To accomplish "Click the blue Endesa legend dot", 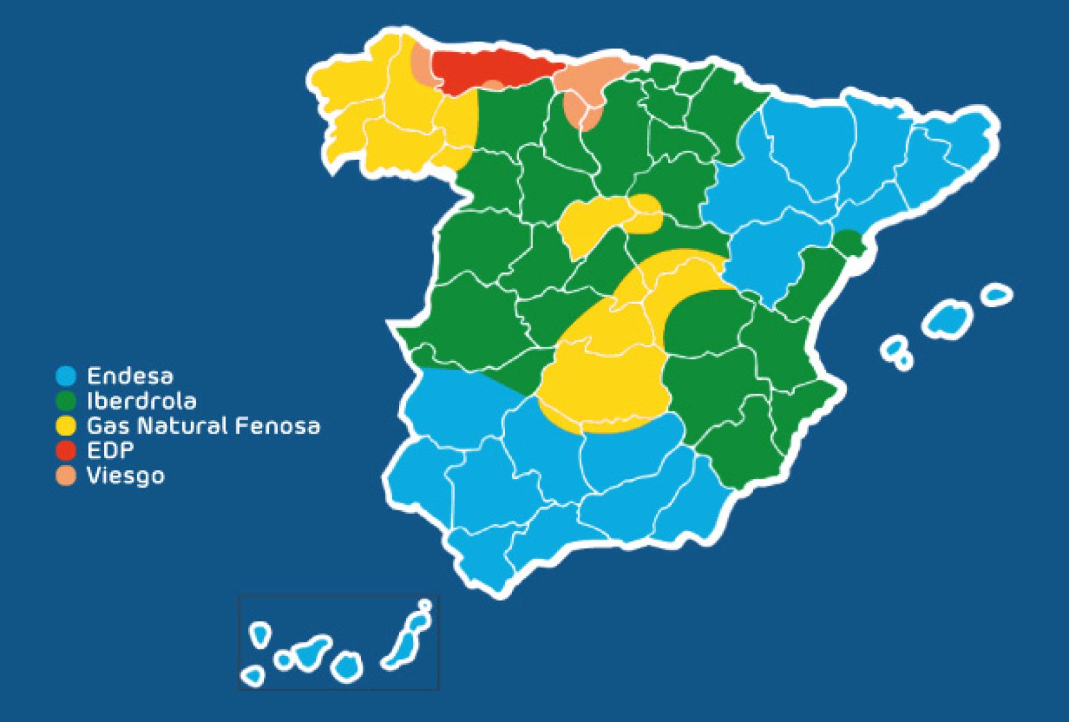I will pyautogui.click(x=66, y=376).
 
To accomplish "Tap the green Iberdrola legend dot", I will pyautogui.click(x=66, y=400).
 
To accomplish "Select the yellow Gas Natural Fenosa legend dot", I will pyautogui.click(x=66, y=426).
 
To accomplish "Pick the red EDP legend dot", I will pyautogui.click(x=66, y=451).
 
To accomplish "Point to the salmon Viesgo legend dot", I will pyautogui.click(x=66, y=476).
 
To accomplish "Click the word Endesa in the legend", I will pyautogui.click(x=130, y=376).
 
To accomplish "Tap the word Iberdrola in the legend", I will pyautogui.click(x=141, y=400).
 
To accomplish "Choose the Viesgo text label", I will pyautogui.click(x=125, y=476).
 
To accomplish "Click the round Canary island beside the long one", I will pyautogui.click(x=347, y=666).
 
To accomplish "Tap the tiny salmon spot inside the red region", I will pyautogui.click(x=494, y=86).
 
